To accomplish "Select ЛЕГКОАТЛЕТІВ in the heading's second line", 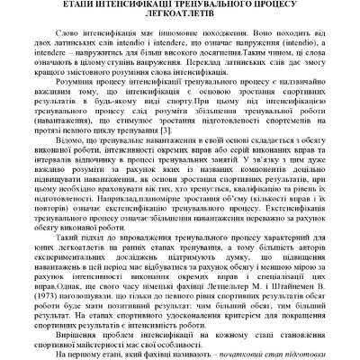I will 179,16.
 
